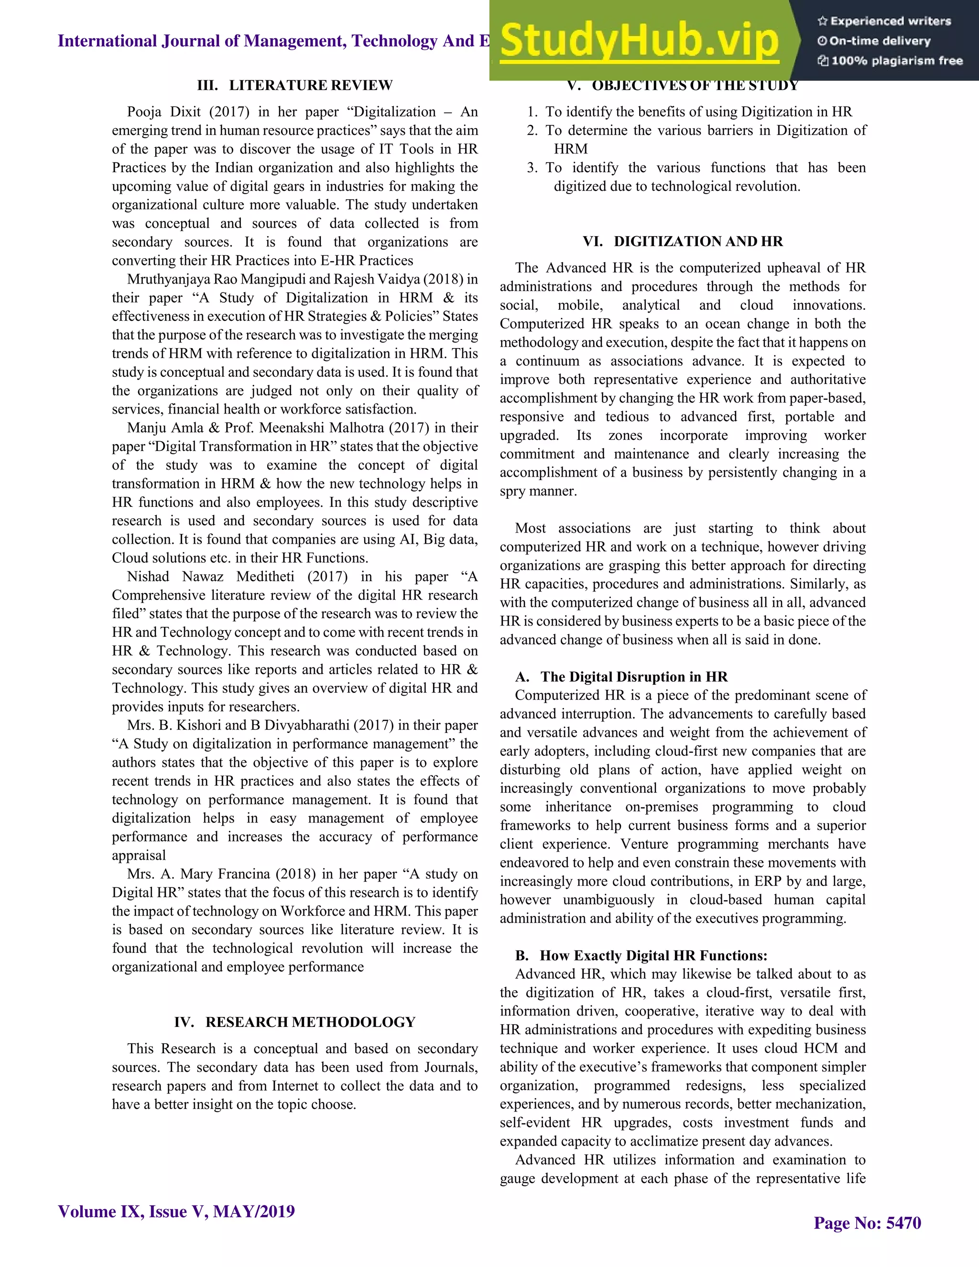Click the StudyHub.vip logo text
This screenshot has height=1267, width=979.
pos(639,41)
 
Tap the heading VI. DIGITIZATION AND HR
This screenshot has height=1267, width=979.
pos(683,241)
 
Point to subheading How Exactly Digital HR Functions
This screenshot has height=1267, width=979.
pos(653,955)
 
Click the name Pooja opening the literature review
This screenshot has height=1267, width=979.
pos(144,112)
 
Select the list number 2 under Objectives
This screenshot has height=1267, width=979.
pos(532,131)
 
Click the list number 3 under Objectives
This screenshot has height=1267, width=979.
pos(532,168)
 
